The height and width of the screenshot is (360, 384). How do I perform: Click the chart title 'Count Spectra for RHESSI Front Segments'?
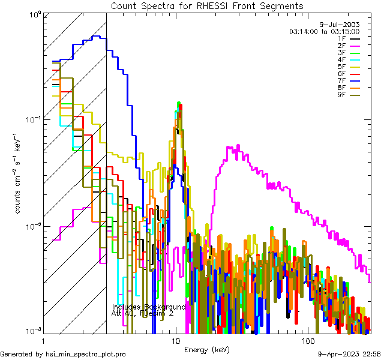coord(207,6)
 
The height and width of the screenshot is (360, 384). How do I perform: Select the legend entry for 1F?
coord(350,38)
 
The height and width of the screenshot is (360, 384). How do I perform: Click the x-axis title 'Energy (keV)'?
coord(206,349)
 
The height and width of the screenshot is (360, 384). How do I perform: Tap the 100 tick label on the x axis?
coord(307,340)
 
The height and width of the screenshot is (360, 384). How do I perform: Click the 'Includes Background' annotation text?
coord(149,307)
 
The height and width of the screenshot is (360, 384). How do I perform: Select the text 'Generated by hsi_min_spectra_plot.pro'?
coord(63,354)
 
